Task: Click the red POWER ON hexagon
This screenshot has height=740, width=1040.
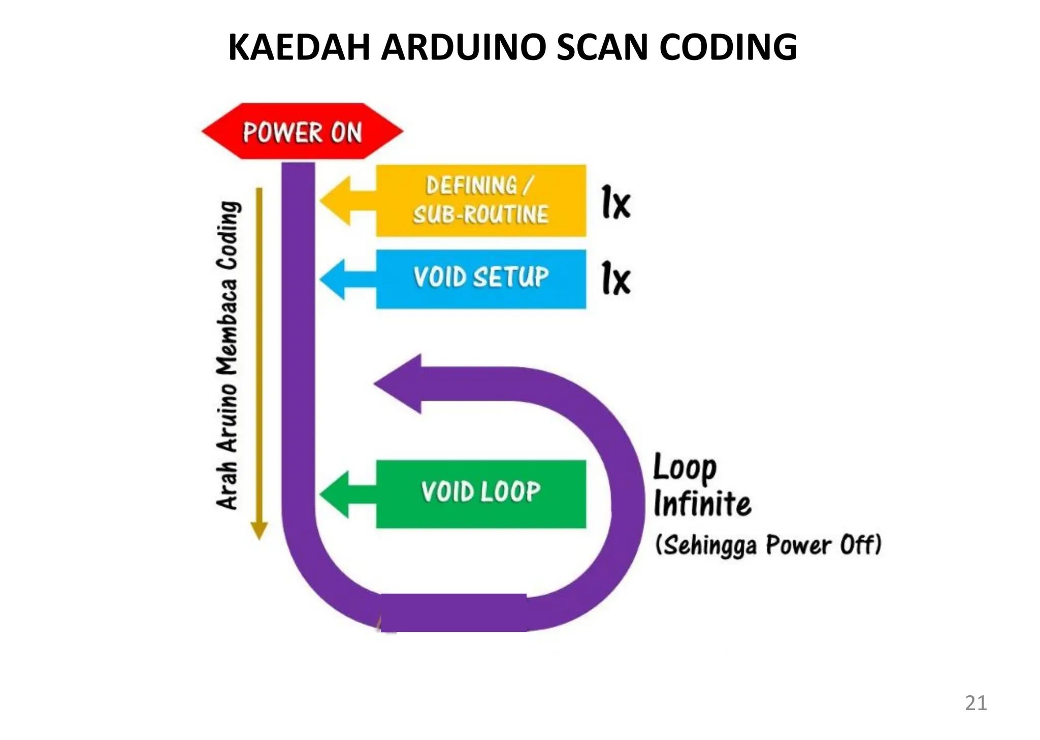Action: [x=303, y=132]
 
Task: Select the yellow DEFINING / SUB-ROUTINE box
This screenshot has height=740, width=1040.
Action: [x=480, y=200]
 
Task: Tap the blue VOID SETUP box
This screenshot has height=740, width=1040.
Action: [x=480, y=279]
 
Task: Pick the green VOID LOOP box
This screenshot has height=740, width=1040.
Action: [x=480, y=494]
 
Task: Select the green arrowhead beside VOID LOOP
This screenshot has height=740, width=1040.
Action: [x=336, y=494]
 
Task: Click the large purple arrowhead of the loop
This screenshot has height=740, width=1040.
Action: [x=401, y=384]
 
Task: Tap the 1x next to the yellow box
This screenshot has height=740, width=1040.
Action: [x=616, y=203]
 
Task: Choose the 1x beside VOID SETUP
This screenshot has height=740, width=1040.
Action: [x=616, y=278]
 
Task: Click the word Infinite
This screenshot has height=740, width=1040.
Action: [x=702, y=504]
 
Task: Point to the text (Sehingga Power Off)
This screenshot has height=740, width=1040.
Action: [x=768, y=545]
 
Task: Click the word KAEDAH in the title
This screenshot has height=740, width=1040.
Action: [x=300, y=47]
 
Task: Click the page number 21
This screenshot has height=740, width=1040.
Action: [x=976, y=703]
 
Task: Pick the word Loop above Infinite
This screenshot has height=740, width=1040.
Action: [x=684, y=468]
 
